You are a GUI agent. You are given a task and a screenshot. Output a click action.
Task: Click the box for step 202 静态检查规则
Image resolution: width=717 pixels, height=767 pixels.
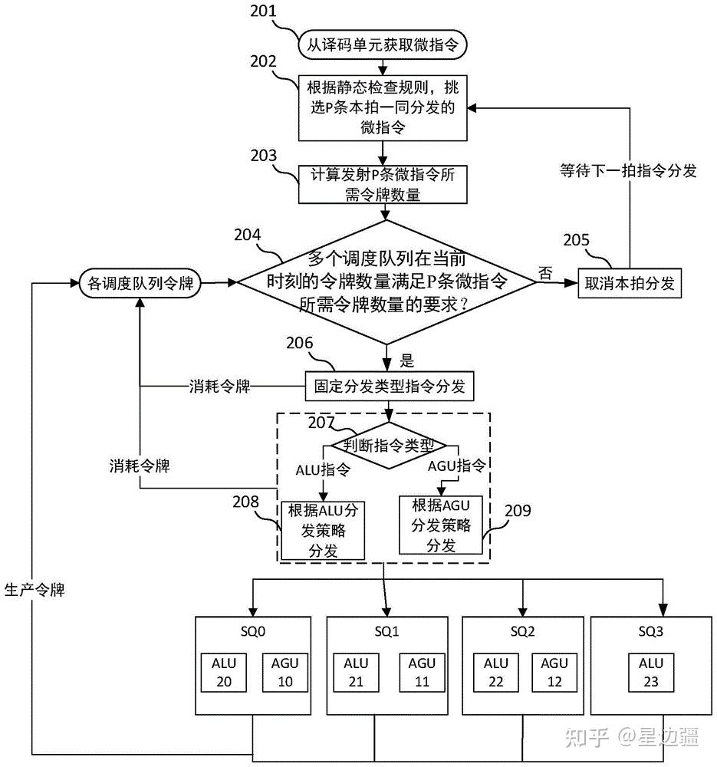point(382,107)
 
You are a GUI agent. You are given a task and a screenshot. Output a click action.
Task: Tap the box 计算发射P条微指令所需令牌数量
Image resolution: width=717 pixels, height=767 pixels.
point(382,184)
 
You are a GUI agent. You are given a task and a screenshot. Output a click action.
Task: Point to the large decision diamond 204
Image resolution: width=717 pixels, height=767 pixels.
point(386,281)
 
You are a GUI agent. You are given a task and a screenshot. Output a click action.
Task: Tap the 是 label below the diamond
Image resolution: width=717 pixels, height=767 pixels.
point(407,359)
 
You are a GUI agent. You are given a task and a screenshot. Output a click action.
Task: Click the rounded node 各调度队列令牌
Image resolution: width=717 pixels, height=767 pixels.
point(139,283)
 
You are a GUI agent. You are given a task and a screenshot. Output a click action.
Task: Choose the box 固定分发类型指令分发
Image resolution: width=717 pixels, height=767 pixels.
point(389,386)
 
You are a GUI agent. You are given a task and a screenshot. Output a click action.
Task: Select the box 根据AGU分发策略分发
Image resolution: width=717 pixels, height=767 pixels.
point(441,525)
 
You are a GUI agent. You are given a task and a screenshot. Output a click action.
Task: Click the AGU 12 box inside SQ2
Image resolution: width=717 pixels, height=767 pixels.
point(555,672)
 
